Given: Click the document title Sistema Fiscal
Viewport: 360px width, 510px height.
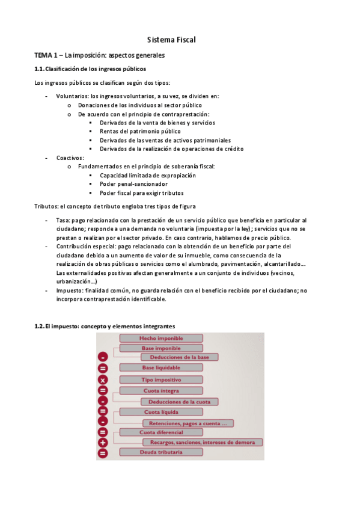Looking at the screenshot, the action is [x=172, y=40].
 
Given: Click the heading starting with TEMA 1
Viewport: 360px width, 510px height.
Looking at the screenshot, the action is [x=99, y=55].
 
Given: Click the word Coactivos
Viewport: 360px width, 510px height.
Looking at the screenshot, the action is [x=70, y=158].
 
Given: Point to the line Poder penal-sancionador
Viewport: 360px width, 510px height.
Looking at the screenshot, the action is [x=134, y=184].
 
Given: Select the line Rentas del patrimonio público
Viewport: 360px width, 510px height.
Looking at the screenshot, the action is [x=140, y=131].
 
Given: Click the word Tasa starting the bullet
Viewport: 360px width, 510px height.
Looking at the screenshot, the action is [x=63, y=221].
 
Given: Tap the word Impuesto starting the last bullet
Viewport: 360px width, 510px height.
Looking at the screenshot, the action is [x=69, y=290].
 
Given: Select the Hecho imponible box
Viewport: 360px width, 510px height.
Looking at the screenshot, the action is [x=160, y=339].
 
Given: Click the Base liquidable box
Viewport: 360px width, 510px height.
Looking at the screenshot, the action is [x=160, y=367].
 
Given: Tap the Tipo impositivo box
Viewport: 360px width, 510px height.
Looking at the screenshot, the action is [x=160, y=379].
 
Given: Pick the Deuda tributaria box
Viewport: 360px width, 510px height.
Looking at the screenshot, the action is [x=160, y=452].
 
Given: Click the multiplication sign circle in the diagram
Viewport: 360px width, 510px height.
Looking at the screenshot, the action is [x=103, y=380].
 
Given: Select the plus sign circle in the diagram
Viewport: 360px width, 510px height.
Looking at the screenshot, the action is [x=103, y=443].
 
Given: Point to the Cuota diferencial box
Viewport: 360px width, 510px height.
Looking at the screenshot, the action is [x=160, y=432].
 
